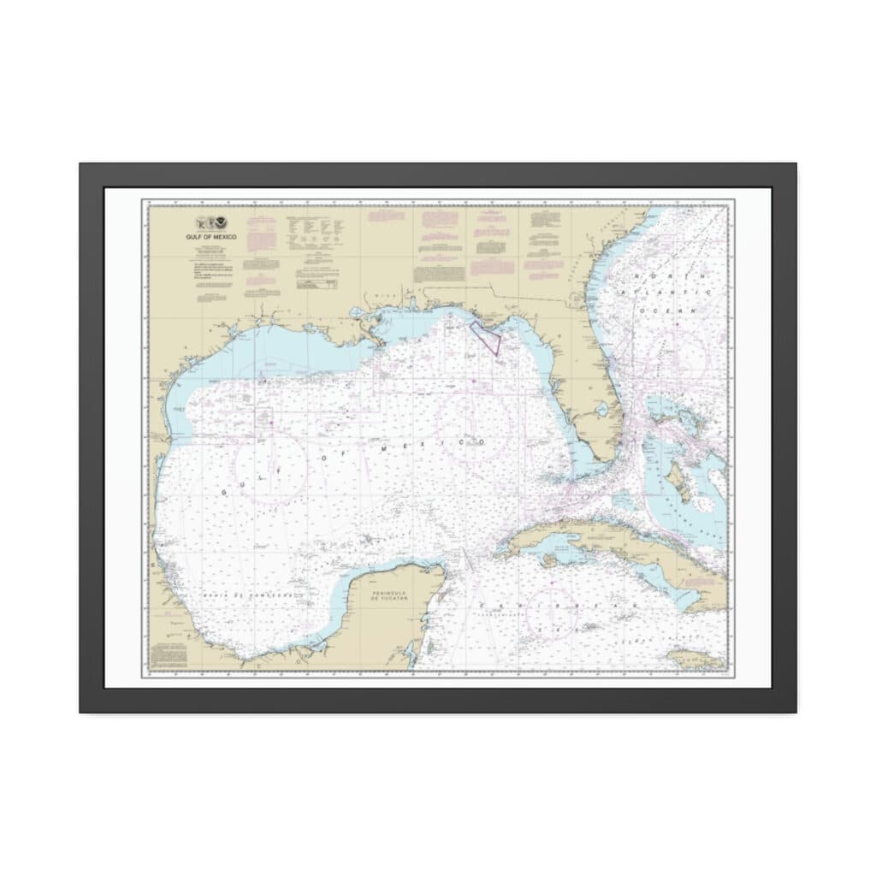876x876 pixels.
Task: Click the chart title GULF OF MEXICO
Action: (x=204, y=235)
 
